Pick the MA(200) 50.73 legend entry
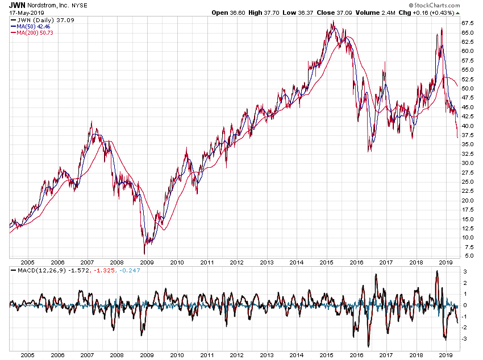coord(37,33)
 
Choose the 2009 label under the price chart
coord(147,263)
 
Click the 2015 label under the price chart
coord(326,263)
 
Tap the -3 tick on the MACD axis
coord(465,338)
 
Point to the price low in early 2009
coord(144,253)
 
